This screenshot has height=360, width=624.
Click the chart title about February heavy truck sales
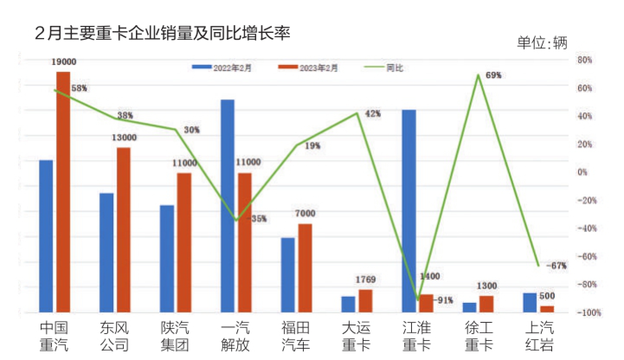[162, 34]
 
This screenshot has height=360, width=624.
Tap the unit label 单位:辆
[542, 43]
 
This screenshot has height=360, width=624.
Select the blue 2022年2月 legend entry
[221, 67]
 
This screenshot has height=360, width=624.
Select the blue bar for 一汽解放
[228, 206]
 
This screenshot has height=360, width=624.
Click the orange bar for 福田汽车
[305, 268]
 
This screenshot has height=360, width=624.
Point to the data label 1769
[365, 280]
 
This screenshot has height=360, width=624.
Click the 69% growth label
[493, 75]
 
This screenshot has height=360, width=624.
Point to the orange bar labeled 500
[547, 309]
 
